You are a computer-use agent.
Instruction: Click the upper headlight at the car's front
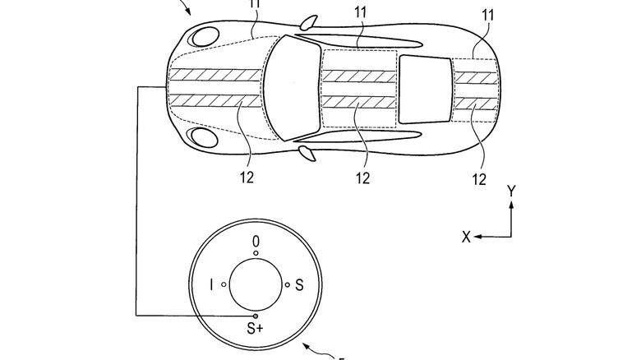(x=204, y=36)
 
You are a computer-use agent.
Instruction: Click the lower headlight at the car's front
(x=202, y=136)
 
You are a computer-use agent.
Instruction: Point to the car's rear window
(x=425, y=89)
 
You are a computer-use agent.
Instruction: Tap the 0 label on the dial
(x=256, y=241)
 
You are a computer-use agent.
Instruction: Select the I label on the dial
(x=212, y=284)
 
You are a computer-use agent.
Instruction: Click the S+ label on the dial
(x=256, y=329)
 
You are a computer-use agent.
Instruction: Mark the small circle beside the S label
(x=286, y=284)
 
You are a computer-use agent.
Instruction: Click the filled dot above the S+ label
(x=256, y=316)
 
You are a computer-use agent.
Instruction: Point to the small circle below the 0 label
(x=256, y=253)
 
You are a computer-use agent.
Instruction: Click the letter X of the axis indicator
(x=466, y=237)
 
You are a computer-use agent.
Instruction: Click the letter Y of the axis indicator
(x=512, y=191)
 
